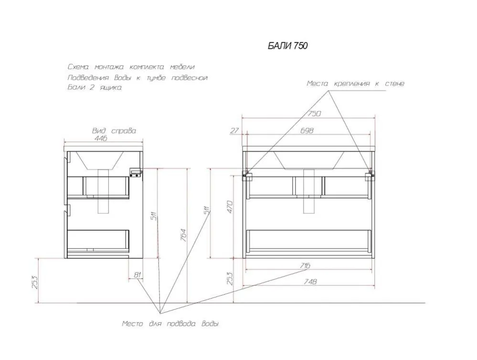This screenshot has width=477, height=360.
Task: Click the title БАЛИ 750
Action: click(287, 46)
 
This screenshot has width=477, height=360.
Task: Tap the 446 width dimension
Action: click(101, 138)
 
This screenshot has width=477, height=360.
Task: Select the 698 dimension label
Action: click(307, 130)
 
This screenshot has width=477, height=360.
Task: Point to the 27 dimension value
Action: click(234, 130)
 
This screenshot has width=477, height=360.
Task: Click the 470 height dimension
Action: click(230, 207)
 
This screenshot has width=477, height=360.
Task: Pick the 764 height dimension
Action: click(183, 235)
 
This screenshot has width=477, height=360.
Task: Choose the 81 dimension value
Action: click(138, 275)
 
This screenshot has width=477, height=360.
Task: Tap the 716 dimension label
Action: click(305, 265)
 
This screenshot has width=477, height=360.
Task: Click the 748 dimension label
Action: click(310, 282)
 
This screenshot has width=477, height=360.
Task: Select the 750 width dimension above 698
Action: click(314, 114)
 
